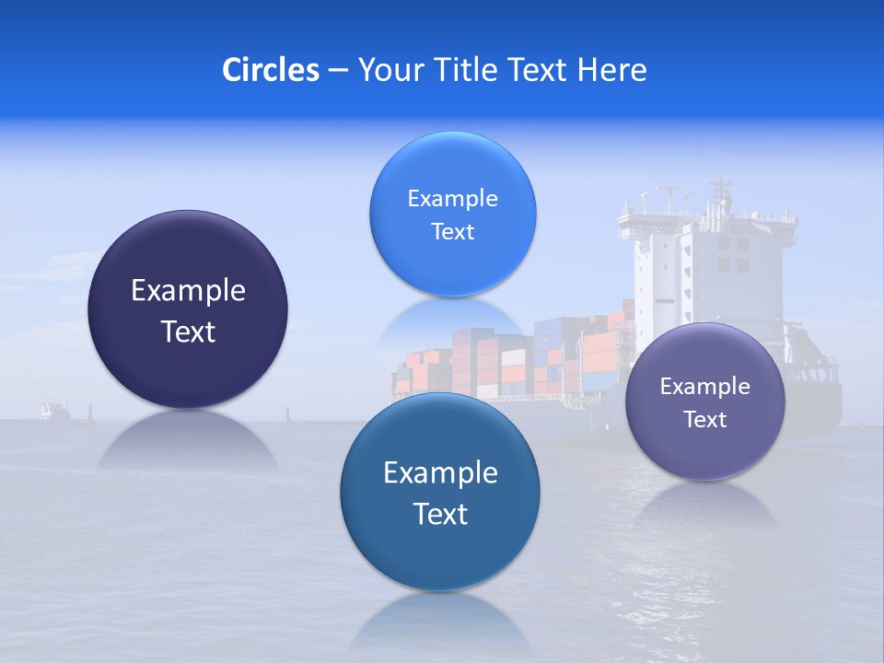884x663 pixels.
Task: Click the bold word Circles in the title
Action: coord(270,70)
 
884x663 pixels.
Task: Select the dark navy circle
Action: coord(188,309)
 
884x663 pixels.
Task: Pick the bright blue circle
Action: coord(452,214)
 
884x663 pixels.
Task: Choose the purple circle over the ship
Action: coord(705,401)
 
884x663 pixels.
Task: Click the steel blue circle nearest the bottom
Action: coord(440,492)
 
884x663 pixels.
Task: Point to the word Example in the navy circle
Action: coord(188,291)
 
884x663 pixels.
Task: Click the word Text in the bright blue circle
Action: coord(452,231)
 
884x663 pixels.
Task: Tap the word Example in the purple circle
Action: coord(705,387)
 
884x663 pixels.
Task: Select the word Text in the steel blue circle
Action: coord(440,513)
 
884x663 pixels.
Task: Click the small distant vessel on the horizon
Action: coord(55,410)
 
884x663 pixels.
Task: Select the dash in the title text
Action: coord(338,71)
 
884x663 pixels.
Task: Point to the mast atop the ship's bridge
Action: coord(719,193)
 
